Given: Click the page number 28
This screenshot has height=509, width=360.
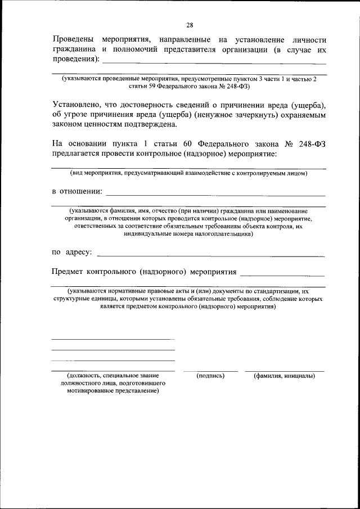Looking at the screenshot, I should (190, 25).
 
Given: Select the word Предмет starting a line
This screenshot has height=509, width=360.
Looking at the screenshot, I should (67, 272).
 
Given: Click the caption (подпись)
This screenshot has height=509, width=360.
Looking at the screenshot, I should (210, 376).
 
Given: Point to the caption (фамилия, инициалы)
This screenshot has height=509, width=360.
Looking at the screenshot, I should (284, 376).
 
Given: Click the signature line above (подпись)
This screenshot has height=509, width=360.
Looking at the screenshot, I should (210, 370).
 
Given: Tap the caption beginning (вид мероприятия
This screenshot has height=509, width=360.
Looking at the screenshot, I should (188, 173).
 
